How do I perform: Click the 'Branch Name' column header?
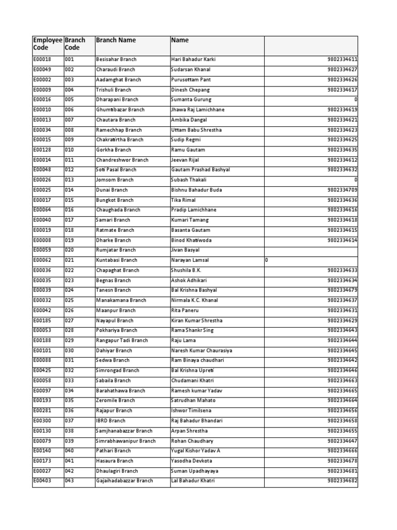pos(116,40)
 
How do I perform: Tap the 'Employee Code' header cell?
pos(47,44)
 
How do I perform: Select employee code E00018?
pos(42,60)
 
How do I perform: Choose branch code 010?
pos(69,150)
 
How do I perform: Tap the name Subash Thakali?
pos(189,180)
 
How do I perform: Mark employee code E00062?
pos(42,260)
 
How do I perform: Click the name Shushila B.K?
pos(186,270)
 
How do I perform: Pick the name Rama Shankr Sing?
pos(192,330)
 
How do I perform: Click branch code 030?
pos(69,350)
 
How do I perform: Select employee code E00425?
pos(42,371)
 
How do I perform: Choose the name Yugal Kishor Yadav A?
pos(195,451)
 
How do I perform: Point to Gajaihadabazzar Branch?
pos(125,481)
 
